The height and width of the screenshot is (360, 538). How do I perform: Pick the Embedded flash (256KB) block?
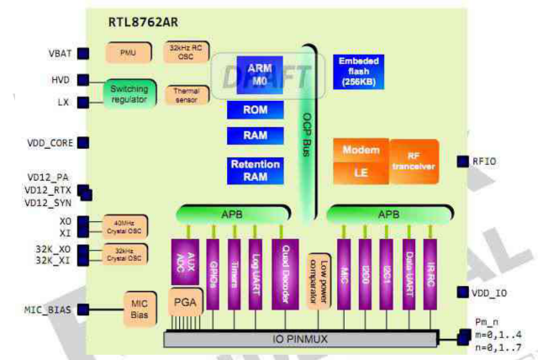click(x=359, y=71)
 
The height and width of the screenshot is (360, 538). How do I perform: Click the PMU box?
click(x=128, y=52)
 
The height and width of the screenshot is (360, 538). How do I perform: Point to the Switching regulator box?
click(x=129, y=93)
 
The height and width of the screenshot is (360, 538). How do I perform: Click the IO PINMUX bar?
click(x=300, y=338)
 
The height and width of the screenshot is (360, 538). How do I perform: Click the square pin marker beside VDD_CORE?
click(x=83, y=144)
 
